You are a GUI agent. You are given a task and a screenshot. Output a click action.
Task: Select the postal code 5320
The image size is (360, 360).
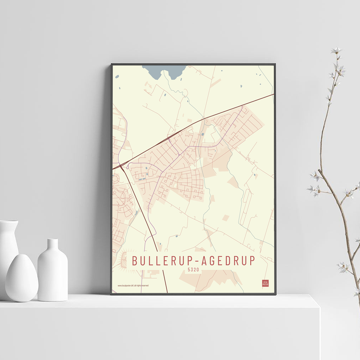tap(193, 269)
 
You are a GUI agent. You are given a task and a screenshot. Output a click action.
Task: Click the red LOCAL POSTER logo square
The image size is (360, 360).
tap(265, 283)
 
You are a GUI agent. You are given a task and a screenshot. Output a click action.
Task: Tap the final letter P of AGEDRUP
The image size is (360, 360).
tap(252, 261)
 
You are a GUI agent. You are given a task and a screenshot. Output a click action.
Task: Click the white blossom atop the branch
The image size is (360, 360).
tap(337, 51)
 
